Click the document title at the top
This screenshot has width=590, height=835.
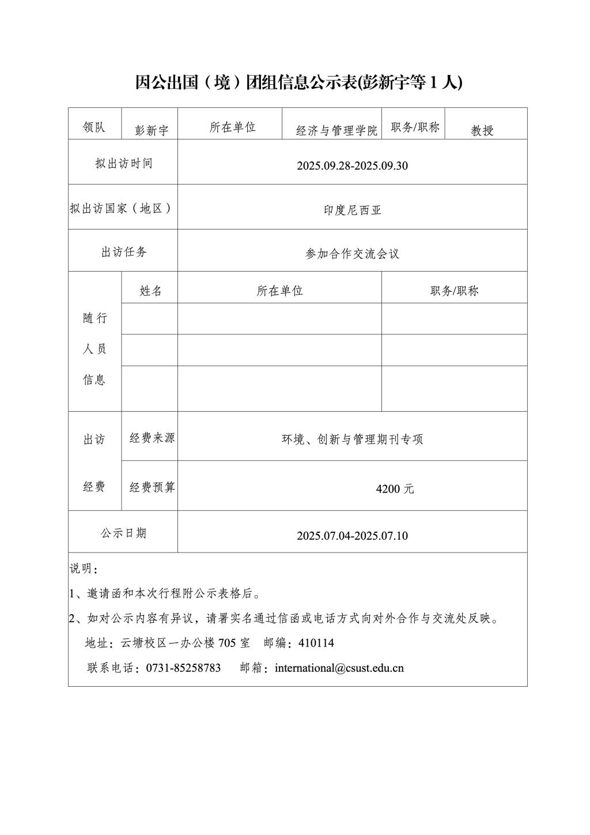click(x=298, y=82)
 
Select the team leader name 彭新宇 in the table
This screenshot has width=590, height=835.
click(x=151, y=130)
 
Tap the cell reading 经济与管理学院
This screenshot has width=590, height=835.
click(x=336, y=130)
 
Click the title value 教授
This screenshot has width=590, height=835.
click(x=482, y=130)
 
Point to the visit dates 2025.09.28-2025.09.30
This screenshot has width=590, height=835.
click(x=352, y=166)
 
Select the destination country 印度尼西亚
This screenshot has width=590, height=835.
click(x=352, y=210)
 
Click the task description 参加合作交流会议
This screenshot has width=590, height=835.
click(x=352, y=254)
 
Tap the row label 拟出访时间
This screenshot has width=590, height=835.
click(x=123, y=163)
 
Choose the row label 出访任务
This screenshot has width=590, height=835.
click(x=123, y=252)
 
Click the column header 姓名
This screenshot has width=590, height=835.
click(x=150, y=291)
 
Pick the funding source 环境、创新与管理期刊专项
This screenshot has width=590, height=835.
click(x=352, y=439)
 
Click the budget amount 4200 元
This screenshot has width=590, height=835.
click(x=395, y=489)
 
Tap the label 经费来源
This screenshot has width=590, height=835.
click(x=152, y=438)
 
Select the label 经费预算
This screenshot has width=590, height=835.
click(x=152, y=488)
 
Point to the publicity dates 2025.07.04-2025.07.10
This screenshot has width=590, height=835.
click(x=352, y=536)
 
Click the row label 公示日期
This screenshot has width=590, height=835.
click(x=123, y=533)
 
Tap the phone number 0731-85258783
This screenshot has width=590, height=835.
click(x=183, y=668)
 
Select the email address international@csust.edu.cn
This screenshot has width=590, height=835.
click(x=339, y=668)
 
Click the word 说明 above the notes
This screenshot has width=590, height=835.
click(x=80, y=569)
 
